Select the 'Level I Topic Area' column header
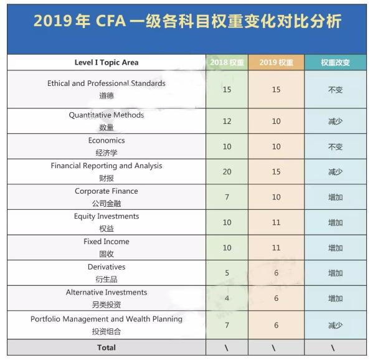[x=107, y=62]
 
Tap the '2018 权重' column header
[x=227, y=62]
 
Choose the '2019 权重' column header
[x=276, y=62]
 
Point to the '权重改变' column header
[x=335, y=62]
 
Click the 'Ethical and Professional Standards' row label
[x=107, y=83]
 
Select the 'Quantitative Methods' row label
[x=107, y=115]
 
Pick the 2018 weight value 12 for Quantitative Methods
[x=227, y=121]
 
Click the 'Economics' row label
[x=107, y=141]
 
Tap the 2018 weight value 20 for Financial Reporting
[x=227, y=172]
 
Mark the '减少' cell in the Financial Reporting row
[x=335, y=172]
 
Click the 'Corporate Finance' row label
[x=107, y=191]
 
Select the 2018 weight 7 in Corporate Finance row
[x=227, y=197]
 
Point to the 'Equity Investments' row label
[x=107, y=217]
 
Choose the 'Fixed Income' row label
[x=107, y=242]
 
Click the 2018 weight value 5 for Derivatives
[x=227, y=273]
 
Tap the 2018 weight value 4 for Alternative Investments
[x=227, y=298]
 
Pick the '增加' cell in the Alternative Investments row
[x=335, y=298]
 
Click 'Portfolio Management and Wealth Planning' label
[x=107, y=319]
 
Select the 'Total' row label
[x=107, y=348]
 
